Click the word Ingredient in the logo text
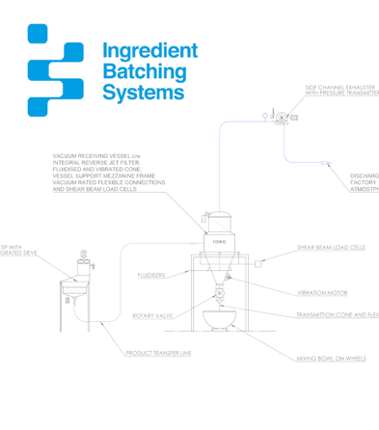[x=149, y=51]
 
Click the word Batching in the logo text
[x=143, y=72]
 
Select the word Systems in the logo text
[x=141, y=94]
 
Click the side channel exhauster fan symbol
[x=281, y=118]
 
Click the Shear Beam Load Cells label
[x=331, y=248]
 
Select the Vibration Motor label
[x=323, y=293]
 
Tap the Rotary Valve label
[x=151, y=315]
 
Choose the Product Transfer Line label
[x=158, y=354]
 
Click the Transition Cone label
[x=337, y=315]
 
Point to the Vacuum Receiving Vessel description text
[x=108, y=172]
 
